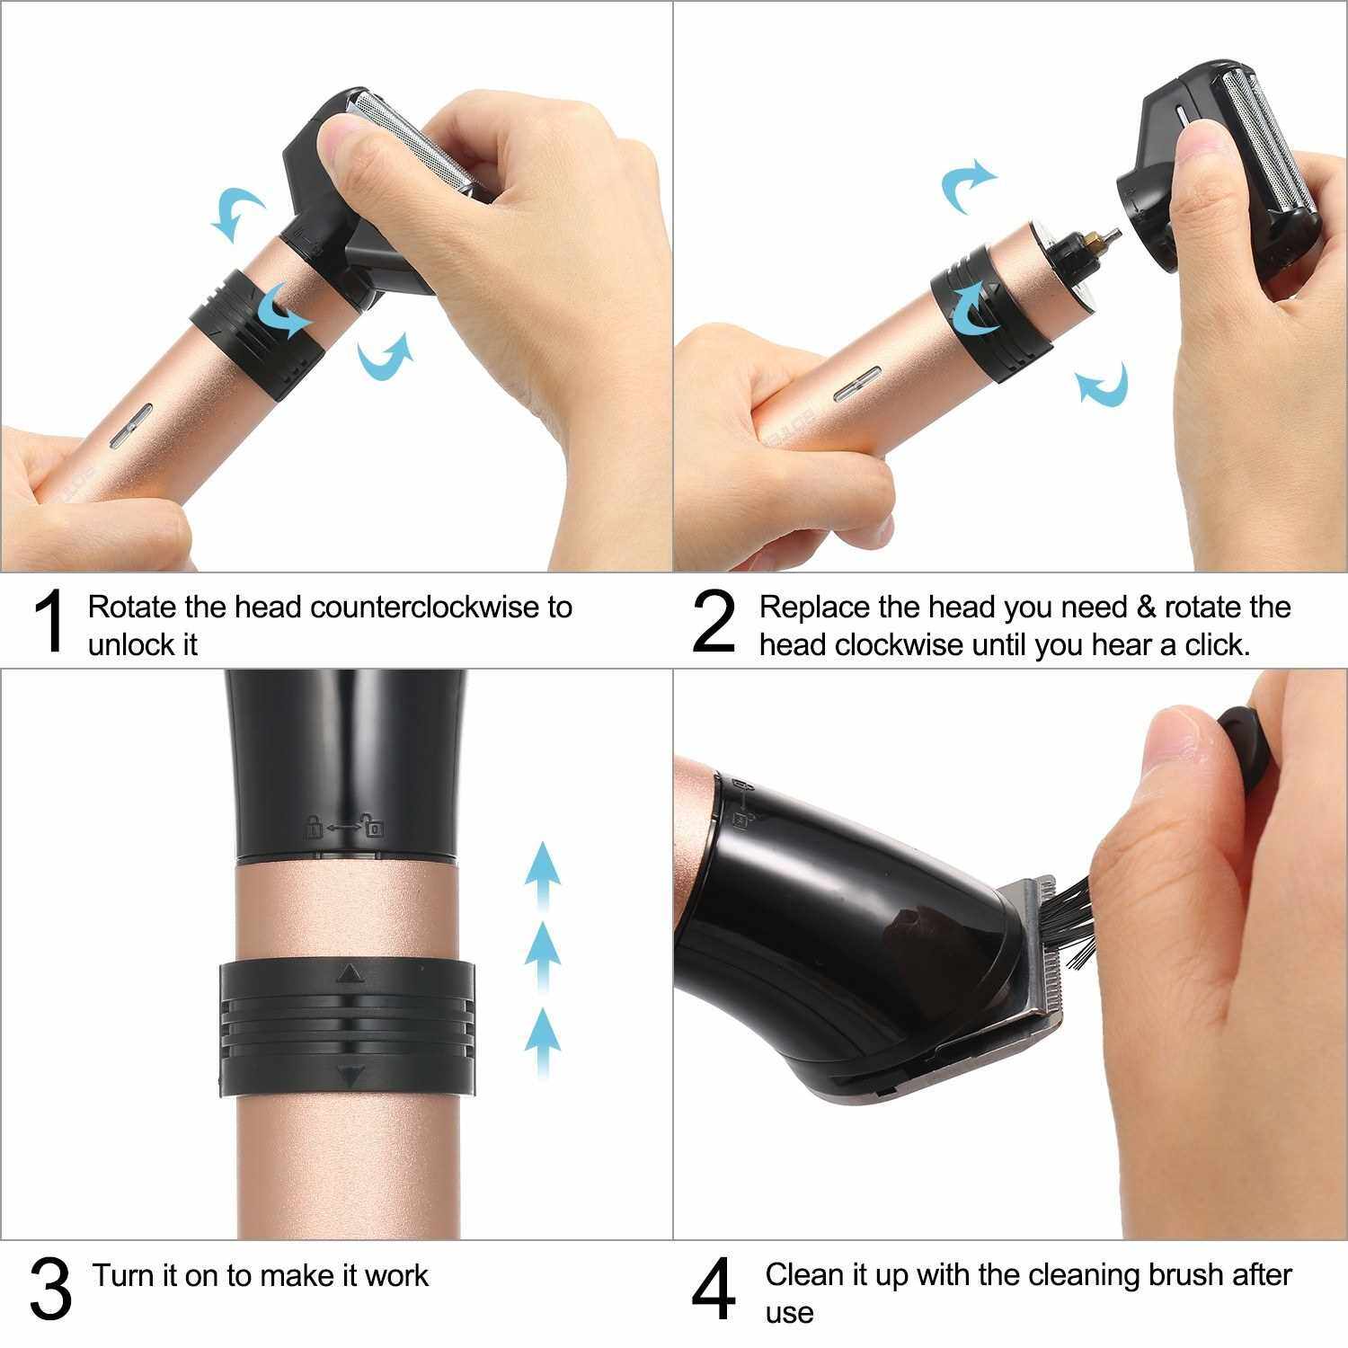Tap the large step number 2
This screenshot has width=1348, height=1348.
pyautogui.click(x=714, y=621)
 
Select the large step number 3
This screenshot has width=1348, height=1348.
pyautogui.click(x=50, y=1290)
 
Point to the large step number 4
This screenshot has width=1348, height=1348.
pyautogui.click(x=714, y=1290)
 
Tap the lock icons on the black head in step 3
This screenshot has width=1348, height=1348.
pyautogui.click(x=345, y=826)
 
